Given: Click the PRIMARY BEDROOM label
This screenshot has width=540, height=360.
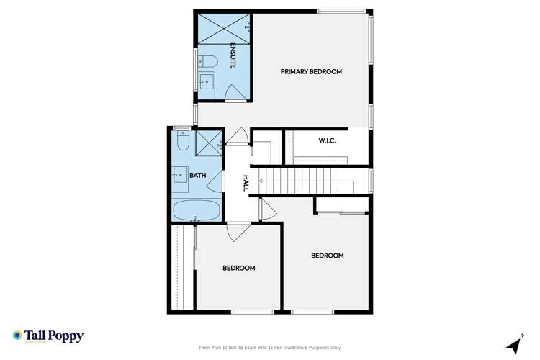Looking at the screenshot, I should (x=311, y=72).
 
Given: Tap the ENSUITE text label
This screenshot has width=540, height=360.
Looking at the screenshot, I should (x=233, y=56).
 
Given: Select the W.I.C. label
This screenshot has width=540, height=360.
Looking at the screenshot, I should (x=327, y=141).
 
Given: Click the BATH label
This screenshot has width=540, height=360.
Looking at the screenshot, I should (x=197, y=175).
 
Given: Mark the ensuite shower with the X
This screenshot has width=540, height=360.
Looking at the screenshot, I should (x=223, y=27).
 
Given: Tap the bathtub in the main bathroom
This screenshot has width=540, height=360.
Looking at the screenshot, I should (x=196, y=210).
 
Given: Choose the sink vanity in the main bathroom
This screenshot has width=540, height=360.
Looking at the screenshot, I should (x=179, y=175).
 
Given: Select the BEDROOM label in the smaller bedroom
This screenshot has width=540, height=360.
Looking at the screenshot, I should (x=238, y=269).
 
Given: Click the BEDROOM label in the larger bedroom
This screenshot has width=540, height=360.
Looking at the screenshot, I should (x=327, y=256).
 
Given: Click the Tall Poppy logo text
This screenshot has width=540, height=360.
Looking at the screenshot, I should (x=55, y=336).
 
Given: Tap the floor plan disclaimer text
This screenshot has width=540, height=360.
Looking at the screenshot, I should (x=269, y=348).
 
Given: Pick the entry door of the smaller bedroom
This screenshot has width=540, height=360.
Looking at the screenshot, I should (x=238, y=232).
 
